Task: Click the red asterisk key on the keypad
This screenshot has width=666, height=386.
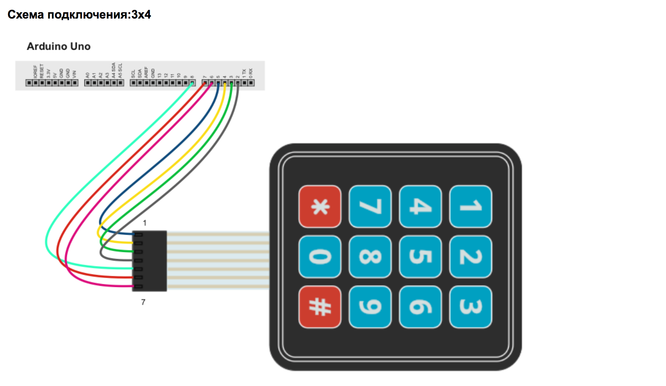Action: point(320,206)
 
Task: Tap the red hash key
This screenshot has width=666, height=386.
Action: point(320,307)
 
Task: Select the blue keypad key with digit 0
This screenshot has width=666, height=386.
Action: point(320,256)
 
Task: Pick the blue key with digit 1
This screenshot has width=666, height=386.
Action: point(470,206)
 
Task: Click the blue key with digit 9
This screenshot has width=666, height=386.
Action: point(370,307)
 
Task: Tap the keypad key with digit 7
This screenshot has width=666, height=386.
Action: point(370,206)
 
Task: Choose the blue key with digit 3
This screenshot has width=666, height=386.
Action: point(470,307)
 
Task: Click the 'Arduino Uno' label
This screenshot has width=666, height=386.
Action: point(59,46)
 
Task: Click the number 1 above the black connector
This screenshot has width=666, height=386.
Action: point(145,223)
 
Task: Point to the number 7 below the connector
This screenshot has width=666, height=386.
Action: point(143,302)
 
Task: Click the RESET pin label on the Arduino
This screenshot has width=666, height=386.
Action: point(42,71)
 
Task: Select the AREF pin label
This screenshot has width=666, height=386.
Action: point(146,72)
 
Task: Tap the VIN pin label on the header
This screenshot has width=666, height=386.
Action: point(74,74)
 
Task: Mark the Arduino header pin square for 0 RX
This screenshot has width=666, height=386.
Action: point(251,83)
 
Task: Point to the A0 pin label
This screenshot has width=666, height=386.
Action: point(88,75)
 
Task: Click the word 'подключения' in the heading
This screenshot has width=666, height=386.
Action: point(89,15)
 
